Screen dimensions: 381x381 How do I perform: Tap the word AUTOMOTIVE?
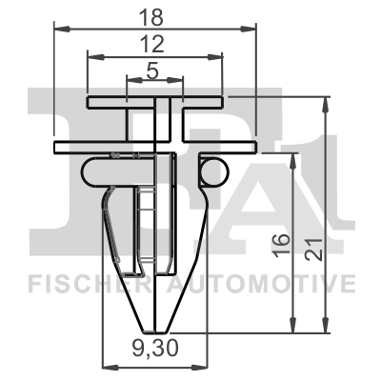click(262, 283)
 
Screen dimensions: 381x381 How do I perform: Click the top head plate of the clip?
click(154, 100)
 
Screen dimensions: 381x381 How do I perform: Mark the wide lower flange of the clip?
click(154, 146)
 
